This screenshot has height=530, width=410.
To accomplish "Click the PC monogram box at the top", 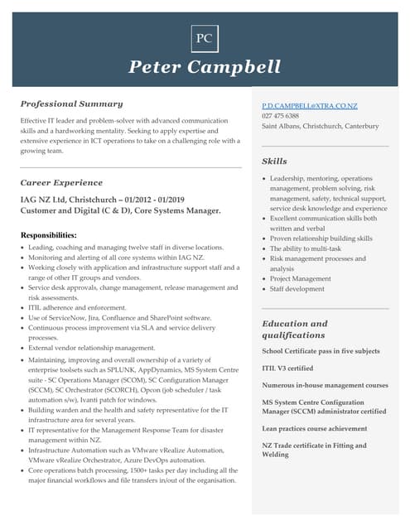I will pos(204,38).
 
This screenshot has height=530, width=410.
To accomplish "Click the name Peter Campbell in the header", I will pos(205,67).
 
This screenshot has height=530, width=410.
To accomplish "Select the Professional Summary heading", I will pos(72,104).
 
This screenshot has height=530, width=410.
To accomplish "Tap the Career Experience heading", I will pos(62,181).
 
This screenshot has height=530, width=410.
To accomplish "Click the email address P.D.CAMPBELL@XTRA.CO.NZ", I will pos(310,107).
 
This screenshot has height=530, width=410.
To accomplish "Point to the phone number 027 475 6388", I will pos(281,117).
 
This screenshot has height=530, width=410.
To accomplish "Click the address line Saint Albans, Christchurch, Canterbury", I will pos(320,127).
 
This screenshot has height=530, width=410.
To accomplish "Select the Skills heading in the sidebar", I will pos(275,161).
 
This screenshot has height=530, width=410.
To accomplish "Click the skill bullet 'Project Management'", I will pos(301,279).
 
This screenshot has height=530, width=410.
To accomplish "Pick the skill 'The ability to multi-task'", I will pos(306,248).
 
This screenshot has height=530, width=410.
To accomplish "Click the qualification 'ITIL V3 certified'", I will pos(288,369).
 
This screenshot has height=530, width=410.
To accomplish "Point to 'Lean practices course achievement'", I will pos(315,429).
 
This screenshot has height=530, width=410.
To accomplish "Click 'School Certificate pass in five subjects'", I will pos(320,351).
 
